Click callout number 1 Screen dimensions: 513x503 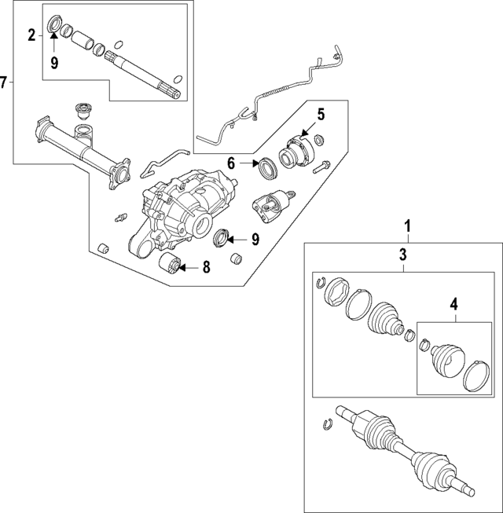[x=407, y=227]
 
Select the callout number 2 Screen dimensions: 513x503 [x=31, y=34]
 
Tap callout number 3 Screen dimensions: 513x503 [x=402, y=254]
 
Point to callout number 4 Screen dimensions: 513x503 [x=453, y=303]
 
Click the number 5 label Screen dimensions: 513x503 [x=321, y=114]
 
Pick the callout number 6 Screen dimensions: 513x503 [x=231, y=164]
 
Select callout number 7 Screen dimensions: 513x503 [x=5, y=82]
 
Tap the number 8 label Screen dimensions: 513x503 [x=206, y=268]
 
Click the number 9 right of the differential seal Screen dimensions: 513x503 [x=255, y=240]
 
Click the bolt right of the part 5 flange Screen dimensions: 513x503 [x=322, y=167]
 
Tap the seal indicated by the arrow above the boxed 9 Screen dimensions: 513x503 [x=55, y=21]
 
